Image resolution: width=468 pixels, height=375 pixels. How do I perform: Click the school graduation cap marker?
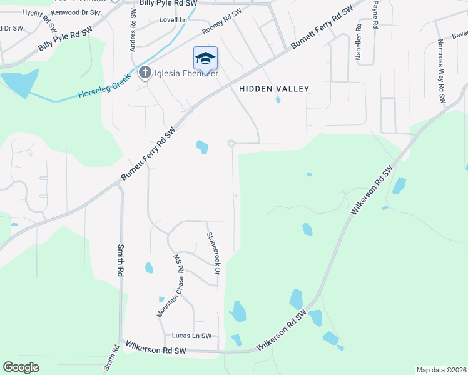tap(205, 59)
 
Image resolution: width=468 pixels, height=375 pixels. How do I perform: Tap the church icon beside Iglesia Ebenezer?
tap(145, 73)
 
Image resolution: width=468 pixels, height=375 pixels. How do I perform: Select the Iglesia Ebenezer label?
tap(186, 73)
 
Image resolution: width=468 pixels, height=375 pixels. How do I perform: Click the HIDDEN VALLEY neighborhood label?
tap(274, 89)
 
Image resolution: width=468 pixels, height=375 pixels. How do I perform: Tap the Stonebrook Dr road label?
tap(214, 254)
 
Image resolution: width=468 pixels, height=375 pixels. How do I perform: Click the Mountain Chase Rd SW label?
tap(171, 285)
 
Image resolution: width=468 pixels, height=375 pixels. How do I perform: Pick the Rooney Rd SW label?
tap(221, 22)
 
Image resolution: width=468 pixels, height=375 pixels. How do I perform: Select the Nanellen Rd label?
tap(359, 42)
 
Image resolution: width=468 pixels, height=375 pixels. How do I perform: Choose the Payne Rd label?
tap(375, 15)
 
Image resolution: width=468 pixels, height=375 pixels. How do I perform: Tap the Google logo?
tap(21, 367)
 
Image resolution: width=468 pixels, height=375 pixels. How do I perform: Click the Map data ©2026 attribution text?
tap(440, 370)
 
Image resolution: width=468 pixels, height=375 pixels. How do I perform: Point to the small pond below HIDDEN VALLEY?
tap(278, 99)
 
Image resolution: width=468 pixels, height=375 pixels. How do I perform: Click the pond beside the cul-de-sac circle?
tap(202, 147)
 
